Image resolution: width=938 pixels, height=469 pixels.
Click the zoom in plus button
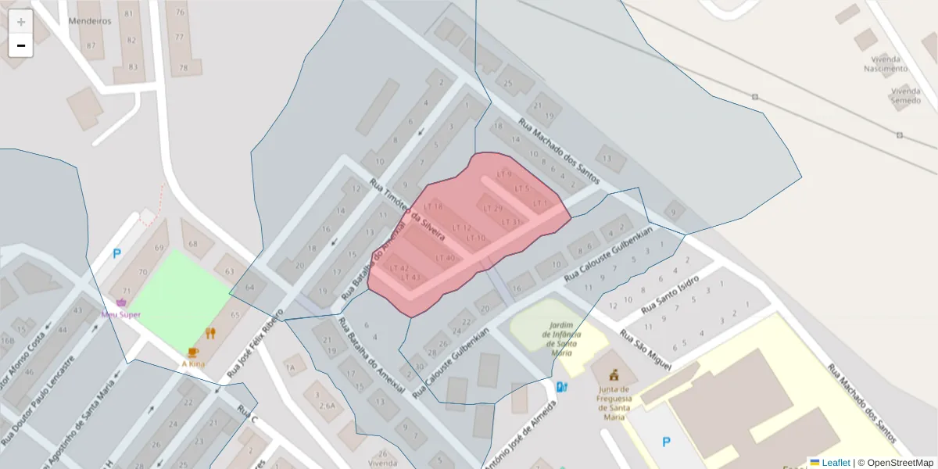pos(21,22)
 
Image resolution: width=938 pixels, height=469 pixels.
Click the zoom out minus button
pos(21,45)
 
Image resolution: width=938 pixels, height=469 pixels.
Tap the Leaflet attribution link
pos(835,463)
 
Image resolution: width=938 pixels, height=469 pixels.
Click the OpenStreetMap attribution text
pos(900,463)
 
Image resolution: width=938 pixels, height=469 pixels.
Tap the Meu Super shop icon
pos(121,303)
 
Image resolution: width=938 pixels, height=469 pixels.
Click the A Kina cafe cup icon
pos(193,353)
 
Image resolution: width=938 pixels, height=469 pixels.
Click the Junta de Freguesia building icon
pos(614,374)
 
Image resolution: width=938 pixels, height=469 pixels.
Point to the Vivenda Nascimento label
pos(886,63)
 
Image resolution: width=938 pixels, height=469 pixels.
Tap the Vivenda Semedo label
pos(904,95)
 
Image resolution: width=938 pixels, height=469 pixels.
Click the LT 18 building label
pos(433,206)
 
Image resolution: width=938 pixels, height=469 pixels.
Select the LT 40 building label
pos(445,259)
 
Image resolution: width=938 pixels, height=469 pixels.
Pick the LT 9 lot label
pos(504,174)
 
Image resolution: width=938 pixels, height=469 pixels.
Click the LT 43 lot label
pos(411,277)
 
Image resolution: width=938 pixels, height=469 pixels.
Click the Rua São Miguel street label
pos(646,348)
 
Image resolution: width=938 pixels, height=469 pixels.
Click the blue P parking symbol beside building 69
pos(117,253)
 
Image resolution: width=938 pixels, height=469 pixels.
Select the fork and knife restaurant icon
pos(210,334)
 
